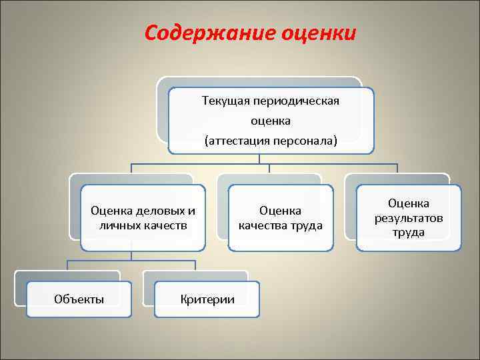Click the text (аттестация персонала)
pos(271,141)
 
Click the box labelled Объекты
pos(79,299)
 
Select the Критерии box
pos(207,299)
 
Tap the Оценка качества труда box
pos(281,218)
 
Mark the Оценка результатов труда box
pos(409,218)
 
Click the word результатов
pos(409,218)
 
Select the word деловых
pos(159,211)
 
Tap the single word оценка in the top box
pos(271,121)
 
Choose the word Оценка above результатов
pos(409,204)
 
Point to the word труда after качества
pos(307,225)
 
